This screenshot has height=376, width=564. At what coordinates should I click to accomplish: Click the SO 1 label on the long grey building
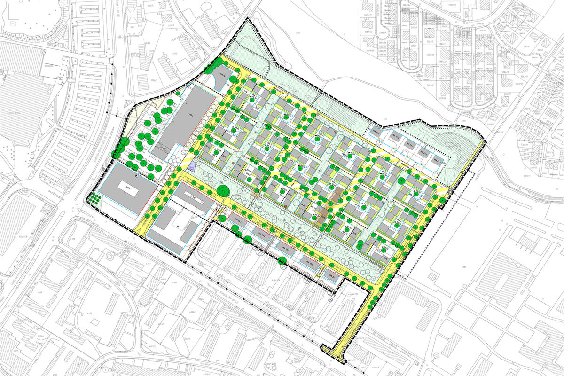[191, 115]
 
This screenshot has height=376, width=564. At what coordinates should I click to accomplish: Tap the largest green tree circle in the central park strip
[224, 191]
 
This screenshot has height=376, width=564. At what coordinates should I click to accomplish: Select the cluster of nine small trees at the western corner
[95, 198]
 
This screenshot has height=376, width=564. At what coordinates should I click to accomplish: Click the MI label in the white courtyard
[178, 226]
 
